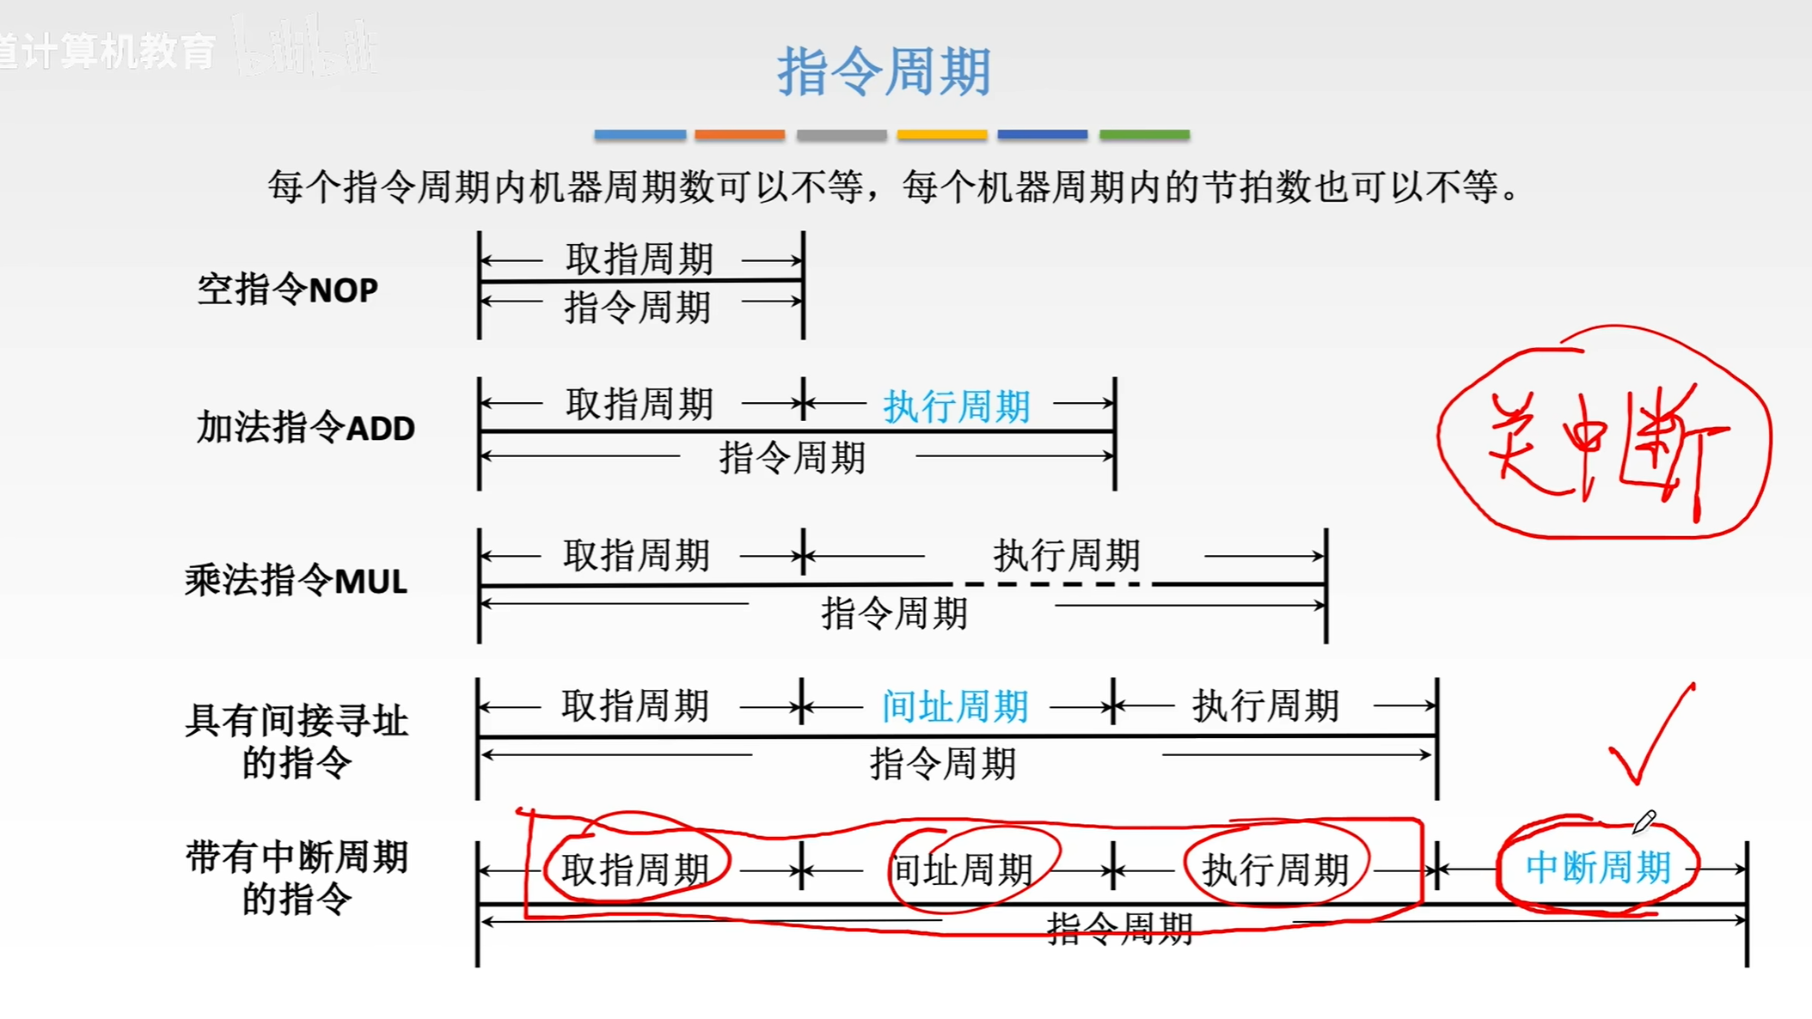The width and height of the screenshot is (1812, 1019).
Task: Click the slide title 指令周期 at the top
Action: [885, 71]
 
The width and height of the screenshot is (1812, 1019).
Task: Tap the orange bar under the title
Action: [739, 135]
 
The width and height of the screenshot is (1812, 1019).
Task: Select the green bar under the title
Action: [1144, 135]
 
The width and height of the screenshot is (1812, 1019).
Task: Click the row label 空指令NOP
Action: [287, 290]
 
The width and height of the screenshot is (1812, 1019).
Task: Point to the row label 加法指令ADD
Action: [305, 428]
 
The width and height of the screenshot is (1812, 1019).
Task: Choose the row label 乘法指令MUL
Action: [296, 581]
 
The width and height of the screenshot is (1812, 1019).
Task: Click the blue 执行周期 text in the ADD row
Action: [957, 406]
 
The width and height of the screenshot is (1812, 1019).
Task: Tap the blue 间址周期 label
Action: [955, 707]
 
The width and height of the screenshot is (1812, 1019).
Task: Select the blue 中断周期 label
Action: [1598, 868]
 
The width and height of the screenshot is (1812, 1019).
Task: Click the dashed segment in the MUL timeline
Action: [1053, 584]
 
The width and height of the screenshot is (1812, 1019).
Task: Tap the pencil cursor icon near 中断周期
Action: [1644, 821]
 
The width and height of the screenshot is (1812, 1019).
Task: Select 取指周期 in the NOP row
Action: [640, 259]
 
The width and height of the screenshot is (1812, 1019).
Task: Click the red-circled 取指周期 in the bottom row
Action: [635, 870]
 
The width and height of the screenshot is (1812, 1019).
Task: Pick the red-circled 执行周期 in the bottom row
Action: [1275, 870]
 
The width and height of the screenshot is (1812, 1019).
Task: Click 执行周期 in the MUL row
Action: [1067, 556]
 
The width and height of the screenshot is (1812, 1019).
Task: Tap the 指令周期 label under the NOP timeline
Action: [638, 307]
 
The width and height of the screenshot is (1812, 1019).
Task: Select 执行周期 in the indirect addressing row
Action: [1265, 706]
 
